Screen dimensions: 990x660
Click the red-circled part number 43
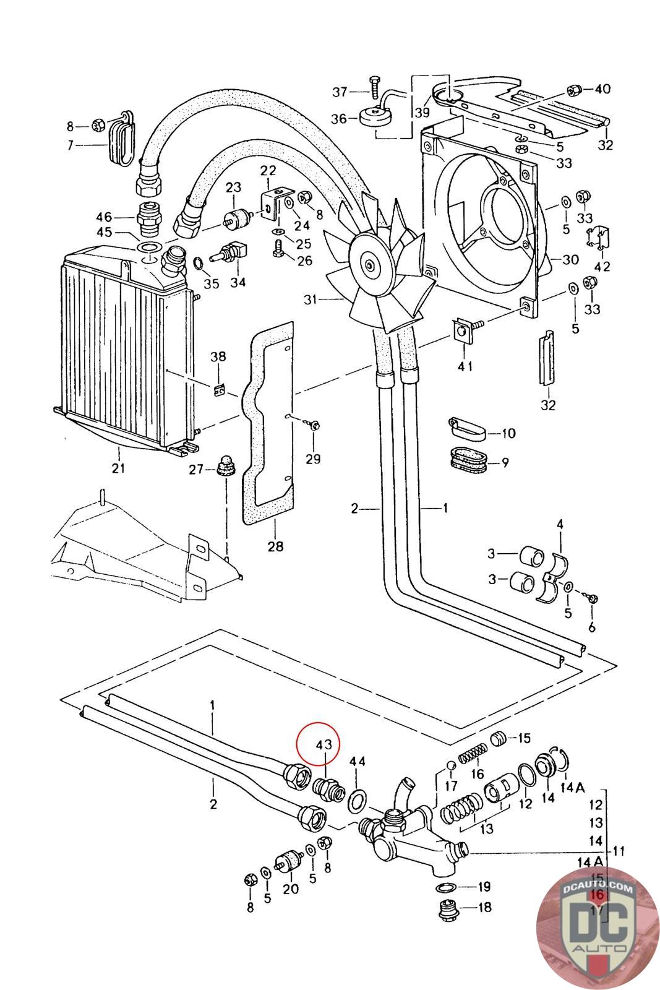(324, 744)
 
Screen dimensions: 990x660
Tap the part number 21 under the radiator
(118, 467)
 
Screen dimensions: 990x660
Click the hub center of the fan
(369, 266)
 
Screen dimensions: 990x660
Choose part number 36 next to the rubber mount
(339, 118)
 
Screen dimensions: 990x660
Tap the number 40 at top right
(602, 88)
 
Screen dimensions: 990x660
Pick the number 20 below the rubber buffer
(291, 889)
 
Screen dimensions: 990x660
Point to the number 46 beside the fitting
(104, 217)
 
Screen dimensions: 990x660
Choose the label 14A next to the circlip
(573, 788)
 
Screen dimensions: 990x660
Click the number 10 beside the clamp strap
(508, 433)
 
